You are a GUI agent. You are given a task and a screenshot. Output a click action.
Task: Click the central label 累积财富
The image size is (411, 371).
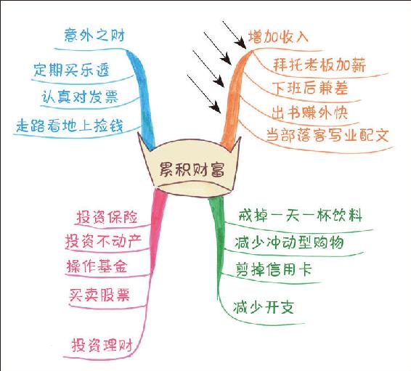pyautogui.click(x=192, y=169)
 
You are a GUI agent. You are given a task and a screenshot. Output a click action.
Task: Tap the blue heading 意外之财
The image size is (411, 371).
pyautogui.click(x=94, y=35)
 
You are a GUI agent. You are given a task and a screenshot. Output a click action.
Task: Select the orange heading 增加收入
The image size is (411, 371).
pyautogui.click(x=278, y=37)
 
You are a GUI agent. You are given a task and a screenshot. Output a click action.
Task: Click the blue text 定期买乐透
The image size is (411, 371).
pyautogui.click(x=71, y=70)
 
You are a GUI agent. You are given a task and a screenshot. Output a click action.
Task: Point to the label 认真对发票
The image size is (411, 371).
pyautogui.click(x=80, y=97)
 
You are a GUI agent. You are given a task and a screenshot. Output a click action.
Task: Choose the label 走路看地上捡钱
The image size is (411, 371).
pyautogui.click(x=70, y=126)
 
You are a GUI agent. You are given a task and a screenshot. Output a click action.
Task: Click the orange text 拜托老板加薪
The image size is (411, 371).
pyautogui.click(x=320, y=65)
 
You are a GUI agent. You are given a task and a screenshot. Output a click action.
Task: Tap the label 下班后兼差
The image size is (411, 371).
pyautogui.click(x=309, y=88)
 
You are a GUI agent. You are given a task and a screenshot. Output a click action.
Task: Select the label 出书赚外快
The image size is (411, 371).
pyautogui.click(x=309, y=113)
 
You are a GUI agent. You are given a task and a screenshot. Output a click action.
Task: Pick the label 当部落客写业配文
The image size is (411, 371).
pyautogui.click(x=327, y=135)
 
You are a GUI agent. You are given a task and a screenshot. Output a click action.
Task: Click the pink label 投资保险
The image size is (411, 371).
pyautogui.click(x=107, y=217)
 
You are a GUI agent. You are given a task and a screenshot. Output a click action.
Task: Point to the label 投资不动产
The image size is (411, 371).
pyautogui.click(x=104, y=241)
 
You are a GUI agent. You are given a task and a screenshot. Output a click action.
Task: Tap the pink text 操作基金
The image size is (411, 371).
pyautogui.click(x=97, y=266)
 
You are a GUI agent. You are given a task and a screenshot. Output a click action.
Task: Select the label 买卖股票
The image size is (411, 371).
pyautogui.click(x=99, y=295)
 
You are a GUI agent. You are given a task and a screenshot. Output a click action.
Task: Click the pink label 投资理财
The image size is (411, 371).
pyautogui.click(x=102, y=345)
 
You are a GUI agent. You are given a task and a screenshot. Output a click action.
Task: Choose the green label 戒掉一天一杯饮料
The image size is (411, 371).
pyautogui.click(x=301, y=216)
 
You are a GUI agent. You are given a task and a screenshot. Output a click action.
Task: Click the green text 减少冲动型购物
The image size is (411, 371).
pyautogui.click(x=289, y=242)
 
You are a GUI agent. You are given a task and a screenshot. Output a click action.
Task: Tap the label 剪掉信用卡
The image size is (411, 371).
pyautogui.click(x=274, y=269)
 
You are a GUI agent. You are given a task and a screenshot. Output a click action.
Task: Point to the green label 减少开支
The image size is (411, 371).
pyautogui.click(x=264, y=307)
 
